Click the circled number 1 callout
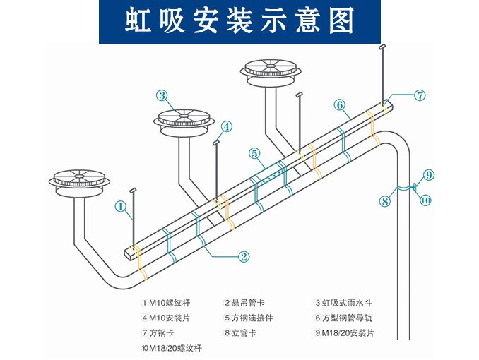[x=121, y=207]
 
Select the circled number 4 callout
[x=226, y=127]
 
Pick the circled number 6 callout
[x=340, y=105]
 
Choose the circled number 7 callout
[x=420, y=95]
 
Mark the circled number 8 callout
[x=385, y=201]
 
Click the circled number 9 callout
[x=430, y=174]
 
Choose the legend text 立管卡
[x=244, y=332]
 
